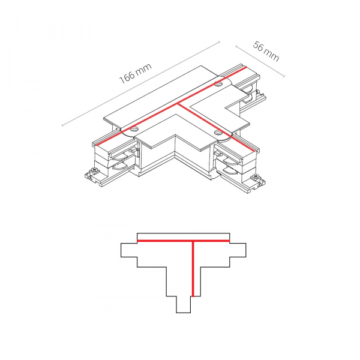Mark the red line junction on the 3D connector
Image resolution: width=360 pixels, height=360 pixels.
[179, 104]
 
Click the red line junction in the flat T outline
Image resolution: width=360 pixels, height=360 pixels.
[192, 241]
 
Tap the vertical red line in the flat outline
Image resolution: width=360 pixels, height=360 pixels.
[192, 270]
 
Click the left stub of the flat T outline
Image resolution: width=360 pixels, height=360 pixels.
[129, 251]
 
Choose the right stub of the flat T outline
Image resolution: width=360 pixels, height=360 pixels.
[237, 251]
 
